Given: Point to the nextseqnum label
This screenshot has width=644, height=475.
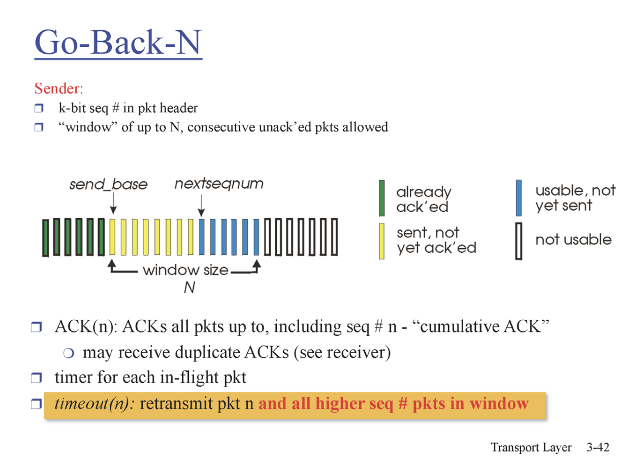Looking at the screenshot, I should (x=219, y=183).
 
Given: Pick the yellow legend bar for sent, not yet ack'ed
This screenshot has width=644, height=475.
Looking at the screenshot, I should (x=382, y=242).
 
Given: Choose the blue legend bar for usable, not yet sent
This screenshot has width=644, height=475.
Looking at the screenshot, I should (x=519, y=198).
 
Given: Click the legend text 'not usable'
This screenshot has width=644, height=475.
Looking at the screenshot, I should (x=573, y=240).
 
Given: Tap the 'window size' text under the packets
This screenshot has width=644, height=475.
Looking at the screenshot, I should (x=185, y=270).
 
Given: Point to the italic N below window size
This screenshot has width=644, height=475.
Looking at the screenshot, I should (x=189, y=288).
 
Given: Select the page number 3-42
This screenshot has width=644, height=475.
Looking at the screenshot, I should (x=597, y=448).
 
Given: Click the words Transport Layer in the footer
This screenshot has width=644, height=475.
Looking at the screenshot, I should (x=531, y=448).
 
